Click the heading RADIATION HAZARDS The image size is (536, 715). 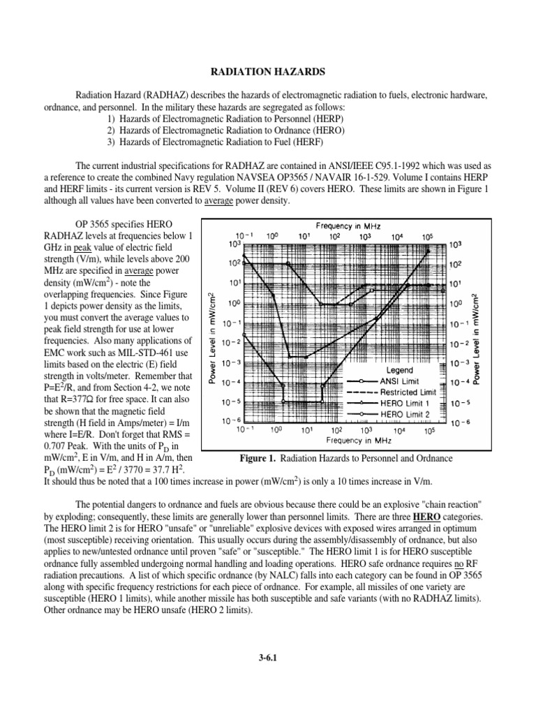pyautogui.click(x=268, y=71)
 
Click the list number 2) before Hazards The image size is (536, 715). pyautogui.click(x=112, y=131)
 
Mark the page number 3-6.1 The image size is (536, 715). pyautogui.click(x=268, y=657)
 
